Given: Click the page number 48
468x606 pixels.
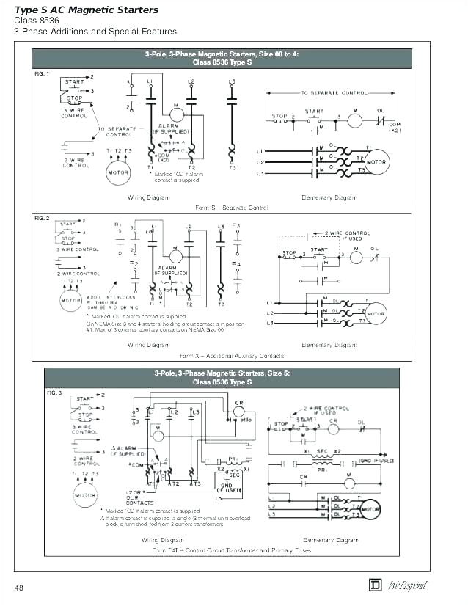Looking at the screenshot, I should pyautogui.click(x=19, y=588).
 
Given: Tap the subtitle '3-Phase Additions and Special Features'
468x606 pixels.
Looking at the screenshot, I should pyautogui.click(x=95, y=32).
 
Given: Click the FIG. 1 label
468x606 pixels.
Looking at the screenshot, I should pyautogui.click(x=43, y=74).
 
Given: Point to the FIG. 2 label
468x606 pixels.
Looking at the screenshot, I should pyautogui.click(x=43, y=219).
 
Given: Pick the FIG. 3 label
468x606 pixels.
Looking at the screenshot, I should pyautogui.click(x=55, y=393).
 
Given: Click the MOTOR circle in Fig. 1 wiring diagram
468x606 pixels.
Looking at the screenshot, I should pyautogui.click(x=118, y=173).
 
